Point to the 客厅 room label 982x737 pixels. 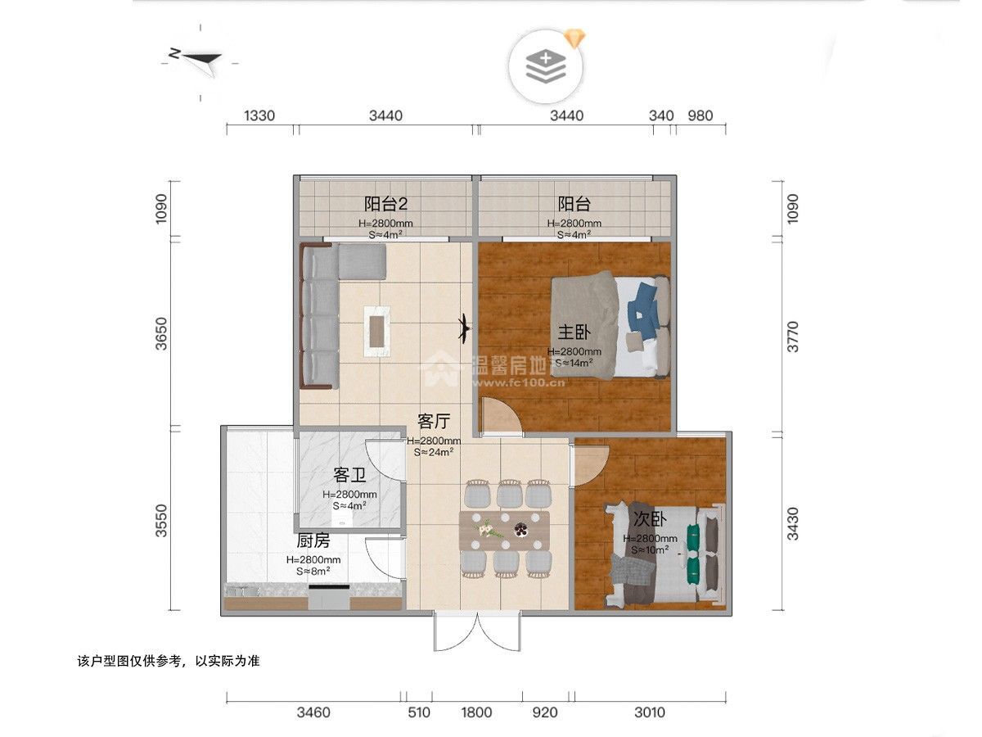[434, 422]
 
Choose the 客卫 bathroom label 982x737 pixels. [349, 475]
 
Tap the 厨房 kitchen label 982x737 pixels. [313, 540]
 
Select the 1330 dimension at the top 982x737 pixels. [259, 115]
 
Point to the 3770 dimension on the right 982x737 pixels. [792, 336]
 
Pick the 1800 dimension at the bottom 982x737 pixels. [476, 712]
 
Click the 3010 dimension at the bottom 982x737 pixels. [649, 712]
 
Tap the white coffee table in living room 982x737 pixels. [377, 329]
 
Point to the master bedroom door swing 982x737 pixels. [499, 416]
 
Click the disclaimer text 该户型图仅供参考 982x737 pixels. [168, 660]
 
